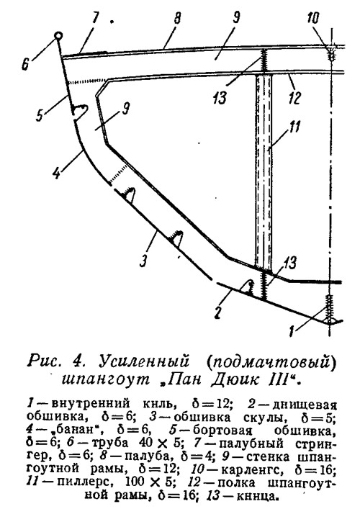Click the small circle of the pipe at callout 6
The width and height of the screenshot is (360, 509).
click(x=58, y=36)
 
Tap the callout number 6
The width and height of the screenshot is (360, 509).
click(x=26, y=63)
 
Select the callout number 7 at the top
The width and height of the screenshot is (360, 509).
click(x=95, y=18)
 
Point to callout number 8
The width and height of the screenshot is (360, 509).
click(x=177, y=19)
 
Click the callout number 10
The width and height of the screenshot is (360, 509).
click(x=313, y=18)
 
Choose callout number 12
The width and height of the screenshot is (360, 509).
click(x=294, y=97)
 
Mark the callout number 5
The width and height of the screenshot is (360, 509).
click(x=40, y=114)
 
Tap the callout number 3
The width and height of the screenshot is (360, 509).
click(x=144, y=260)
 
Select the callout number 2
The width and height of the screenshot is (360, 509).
click(x=217, y=312)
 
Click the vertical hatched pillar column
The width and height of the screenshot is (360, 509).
click(x=264, y=171)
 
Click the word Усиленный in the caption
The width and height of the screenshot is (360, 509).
click(x=144, y=362)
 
